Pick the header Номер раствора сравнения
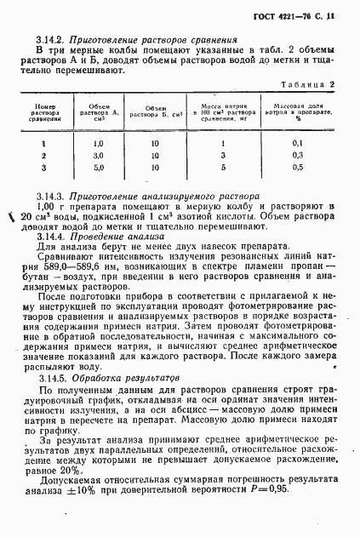[x=45, y=113]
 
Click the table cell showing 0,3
[x=297, y=156]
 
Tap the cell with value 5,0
[x=97, y=169]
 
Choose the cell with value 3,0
[x=97, y=156]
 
